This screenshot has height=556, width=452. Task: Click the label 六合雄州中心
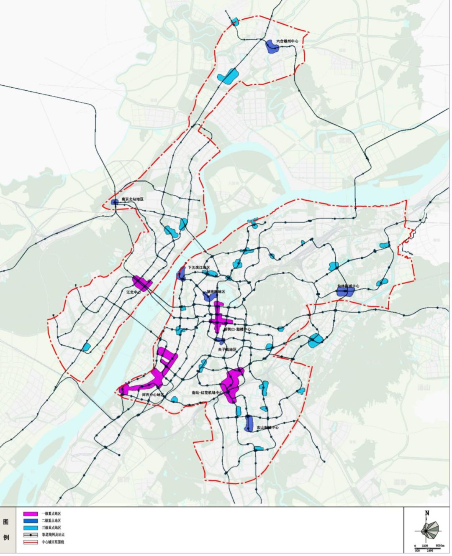coord(289,42)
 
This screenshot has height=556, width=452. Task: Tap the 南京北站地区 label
coord(132,200)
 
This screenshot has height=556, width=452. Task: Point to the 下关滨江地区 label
coord(199,268)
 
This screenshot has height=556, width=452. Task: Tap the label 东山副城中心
coord(267,428)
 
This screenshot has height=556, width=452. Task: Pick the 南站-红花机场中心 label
coord(207,393)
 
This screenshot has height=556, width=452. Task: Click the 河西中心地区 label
coord(154,394)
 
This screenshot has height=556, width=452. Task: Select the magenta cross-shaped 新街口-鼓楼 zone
coord(218,320)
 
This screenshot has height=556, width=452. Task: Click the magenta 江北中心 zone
coord(141,283)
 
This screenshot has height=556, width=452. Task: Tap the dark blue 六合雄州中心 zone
coord(272,46)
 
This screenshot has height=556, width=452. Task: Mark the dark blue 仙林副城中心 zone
coord(346,292)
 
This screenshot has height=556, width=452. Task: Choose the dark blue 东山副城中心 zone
coord(249,423)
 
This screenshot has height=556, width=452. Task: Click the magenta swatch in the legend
coord(31,513)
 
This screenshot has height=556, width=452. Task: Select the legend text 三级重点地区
coord(51,528)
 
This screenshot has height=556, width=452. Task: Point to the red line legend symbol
coord(31,542)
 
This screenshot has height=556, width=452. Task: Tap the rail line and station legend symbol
coord(31,535)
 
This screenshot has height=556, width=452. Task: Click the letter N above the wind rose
coord(427,513)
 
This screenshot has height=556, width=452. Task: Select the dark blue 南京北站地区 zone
coord(115,202)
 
